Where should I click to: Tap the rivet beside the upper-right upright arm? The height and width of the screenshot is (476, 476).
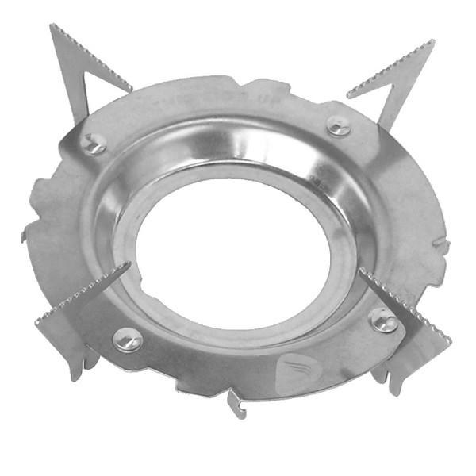[339, 126]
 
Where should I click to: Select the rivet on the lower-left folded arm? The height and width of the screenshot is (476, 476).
[127, 340]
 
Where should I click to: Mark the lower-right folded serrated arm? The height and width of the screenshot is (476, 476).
[401, 305]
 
